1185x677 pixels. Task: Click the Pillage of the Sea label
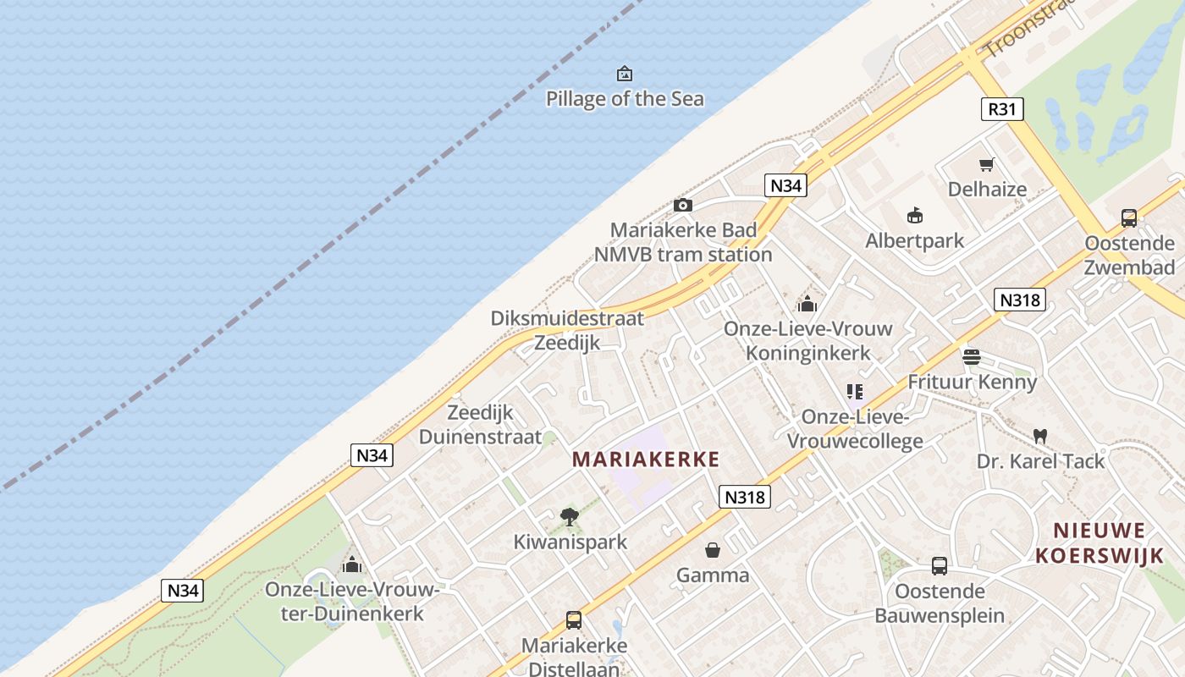click(625, 99)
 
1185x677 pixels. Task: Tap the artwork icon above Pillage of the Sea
click(625, 74)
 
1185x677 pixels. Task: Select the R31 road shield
click(1003, 109)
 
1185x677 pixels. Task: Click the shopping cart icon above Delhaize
click(986, 164)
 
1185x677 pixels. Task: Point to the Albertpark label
click(914, 240)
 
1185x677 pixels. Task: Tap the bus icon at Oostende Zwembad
click(1129, 218)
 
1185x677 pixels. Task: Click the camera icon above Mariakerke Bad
click(683, 205)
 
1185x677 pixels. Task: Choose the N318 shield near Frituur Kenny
click(1019, 300)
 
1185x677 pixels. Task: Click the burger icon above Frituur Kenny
click(971, 356)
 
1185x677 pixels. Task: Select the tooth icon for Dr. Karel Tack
click(1040, 436)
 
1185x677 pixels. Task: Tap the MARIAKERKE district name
click(646, 460)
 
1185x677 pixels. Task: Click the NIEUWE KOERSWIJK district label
click(1100, 542)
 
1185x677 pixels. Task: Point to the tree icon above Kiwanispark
click(570, 516)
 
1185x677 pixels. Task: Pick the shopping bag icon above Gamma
click(713, 550)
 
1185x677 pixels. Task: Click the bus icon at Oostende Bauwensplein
click(940, 565)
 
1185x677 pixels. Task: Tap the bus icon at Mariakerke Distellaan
click(574, 620)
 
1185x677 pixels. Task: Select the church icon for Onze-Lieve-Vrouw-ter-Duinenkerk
click(352, 564)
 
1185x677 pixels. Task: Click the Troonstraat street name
click(1028, 30)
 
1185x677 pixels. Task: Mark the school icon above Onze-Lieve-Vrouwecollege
click(855, 391)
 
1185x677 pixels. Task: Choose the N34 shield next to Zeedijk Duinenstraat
click(372, 455)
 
